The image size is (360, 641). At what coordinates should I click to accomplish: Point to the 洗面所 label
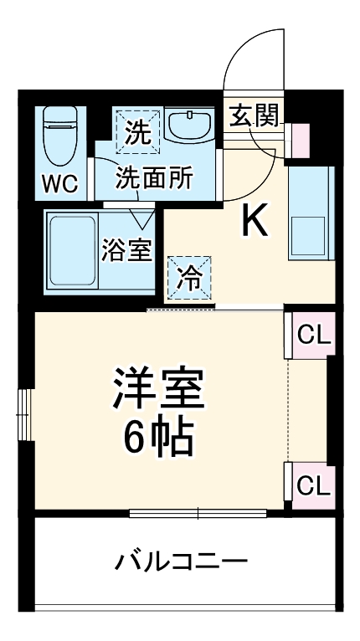pos(154,177)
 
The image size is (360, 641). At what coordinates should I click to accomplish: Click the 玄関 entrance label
pos(254,116)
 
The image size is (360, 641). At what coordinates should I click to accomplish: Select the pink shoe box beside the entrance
pos(299,139)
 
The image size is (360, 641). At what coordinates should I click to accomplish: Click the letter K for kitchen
pos(255,220)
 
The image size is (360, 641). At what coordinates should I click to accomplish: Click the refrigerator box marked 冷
pos(189,277)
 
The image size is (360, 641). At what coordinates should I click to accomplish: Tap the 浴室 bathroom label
pos(127,251)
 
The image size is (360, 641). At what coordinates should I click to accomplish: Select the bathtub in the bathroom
pos(70,249)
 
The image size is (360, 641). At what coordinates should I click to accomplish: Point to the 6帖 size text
pos(159,435)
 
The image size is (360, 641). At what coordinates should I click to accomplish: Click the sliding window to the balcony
pos(198,512)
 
